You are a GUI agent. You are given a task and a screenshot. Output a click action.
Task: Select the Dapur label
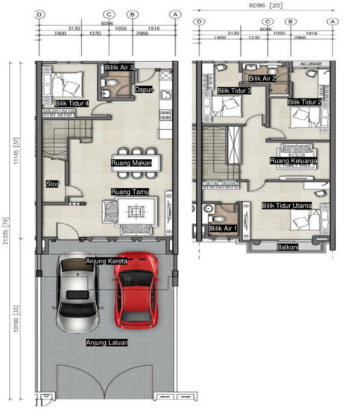click(143, 89)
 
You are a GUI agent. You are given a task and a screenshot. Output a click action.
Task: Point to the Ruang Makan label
click(132, 163)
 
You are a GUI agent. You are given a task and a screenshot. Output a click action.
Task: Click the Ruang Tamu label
click(130, 192)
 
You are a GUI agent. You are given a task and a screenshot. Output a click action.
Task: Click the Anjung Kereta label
click(107, 262)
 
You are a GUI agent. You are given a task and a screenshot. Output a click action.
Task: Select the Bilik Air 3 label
click(119, 68)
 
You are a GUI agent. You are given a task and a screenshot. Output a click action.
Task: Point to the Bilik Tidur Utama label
click(286, 205)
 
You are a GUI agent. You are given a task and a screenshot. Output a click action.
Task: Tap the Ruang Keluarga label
click(294, 160)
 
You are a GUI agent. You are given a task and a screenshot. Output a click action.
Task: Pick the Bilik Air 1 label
click(224, 228)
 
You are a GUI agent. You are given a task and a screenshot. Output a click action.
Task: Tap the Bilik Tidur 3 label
click(234, 91)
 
